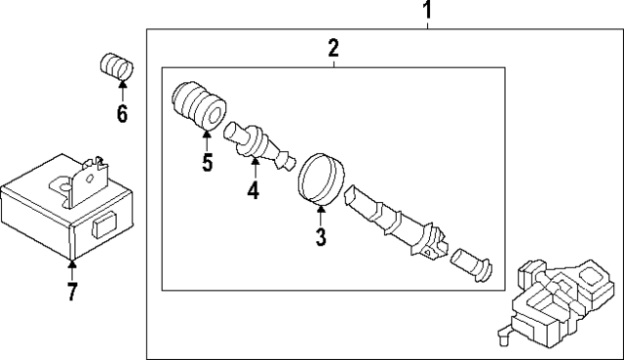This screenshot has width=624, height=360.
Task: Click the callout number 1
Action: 426,12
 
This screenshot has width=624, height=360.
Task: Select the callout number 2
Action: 333,48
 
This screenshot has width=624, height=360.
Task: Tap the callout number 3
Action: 321,236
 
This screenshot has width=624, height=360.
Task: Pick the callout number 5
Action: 207,161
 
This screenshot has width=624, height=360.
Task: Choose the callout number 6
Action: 122,114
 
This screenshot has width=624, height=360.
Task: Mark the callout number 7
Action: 71,291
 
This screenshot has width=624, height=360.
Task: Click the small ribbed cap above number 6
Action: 118,67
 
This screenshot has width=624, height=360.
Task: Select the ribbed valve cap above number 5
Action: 199,105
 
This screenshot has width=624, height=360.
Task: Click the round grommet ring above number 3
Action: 321,179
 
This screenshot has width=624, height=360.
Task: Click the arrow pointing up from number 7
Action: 71,264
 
